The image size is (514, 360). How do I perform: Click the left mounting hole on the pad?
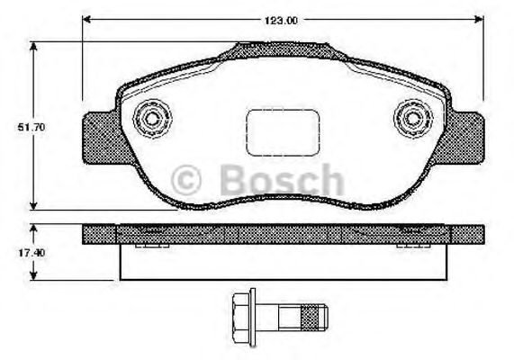click(149, 119)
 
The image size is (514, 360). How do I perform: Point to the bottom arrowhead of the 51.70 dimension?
click(33, 204)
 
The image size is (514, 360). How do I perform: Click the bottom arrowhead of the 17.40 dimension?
click(33, 274)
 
